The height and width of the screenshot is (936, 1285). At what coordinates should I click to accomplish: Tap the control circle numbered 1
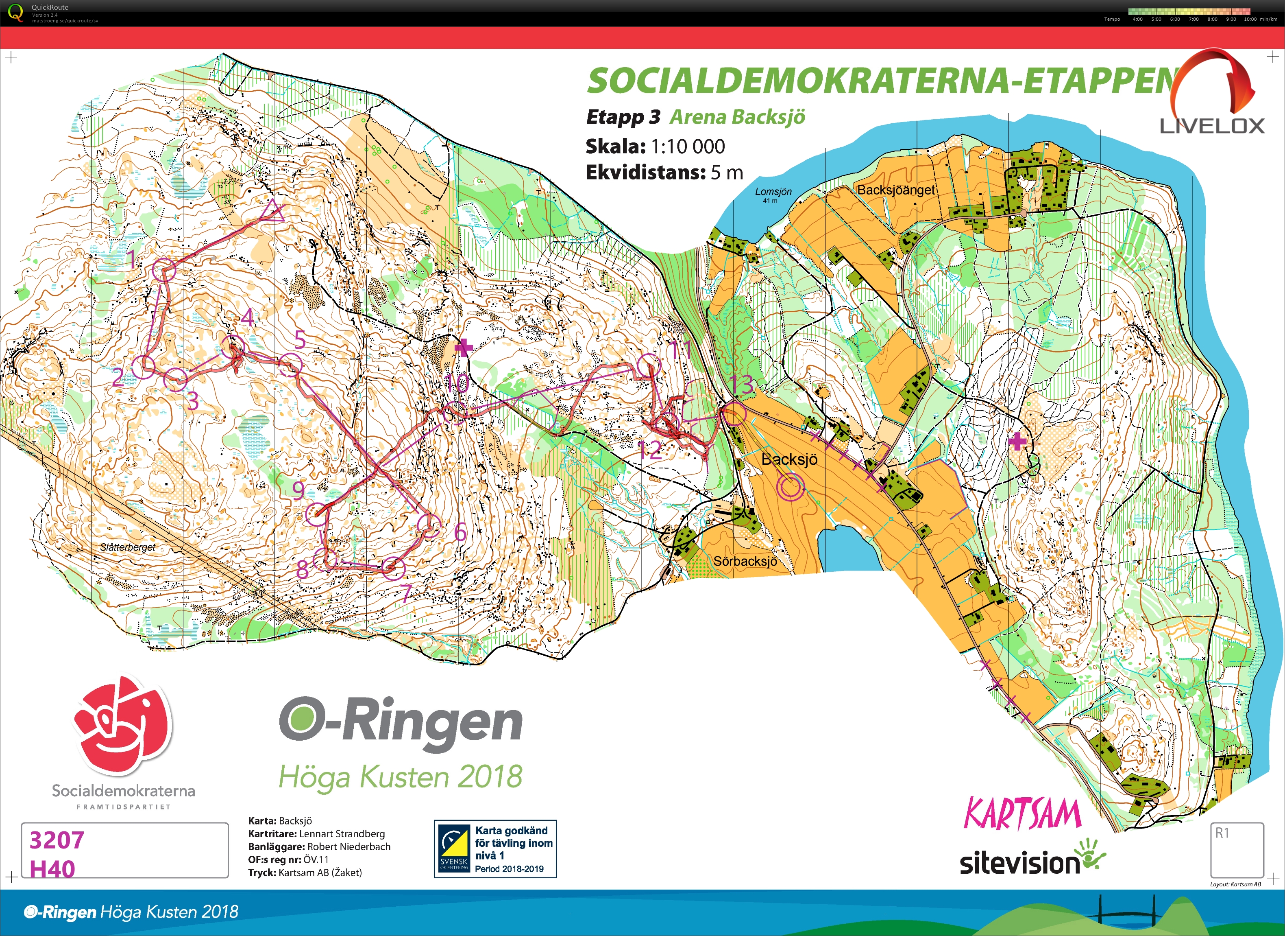(164, 269)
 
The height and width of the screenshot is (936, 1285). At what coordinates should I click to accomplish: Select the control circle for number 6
(429, 525)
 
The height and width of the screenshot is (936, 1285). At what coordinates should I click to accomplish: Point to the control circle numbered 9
(316, 514)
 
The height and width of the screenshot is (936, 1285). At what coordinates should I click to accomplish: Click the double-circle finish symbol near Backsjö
(791, 486)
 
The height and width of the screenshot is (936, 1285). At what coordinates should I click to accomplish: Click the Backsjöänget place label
(896, 190)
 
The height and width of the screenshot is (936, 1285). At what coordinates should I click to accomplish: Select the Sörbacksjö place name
(745, 561)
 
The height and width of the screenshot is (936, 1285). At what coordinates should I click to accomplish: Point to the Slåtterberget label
(127, 547)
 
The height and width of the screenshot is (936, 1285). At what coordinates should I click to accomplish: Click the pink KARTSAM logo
(1022, 814)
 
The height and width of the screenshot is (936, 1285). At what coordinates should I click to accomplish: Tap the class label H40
(52, 868)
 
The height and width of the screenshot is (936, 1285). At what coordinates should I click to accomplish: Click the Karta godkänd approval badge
(495, 849)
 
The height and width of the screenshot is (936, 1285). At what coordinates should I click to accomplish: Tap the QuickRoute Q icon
(16, 12)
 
